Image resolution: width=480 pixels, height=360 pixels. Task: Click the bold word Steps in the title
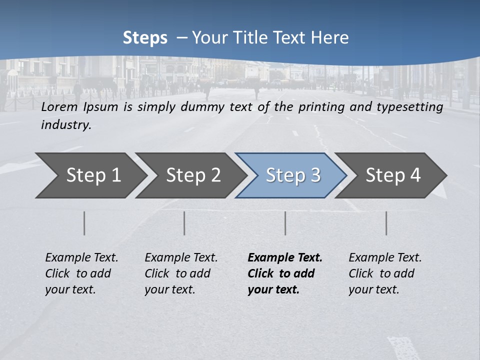coord(145,38)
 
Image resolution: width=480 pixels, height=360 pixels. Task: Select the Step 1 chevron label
coord(93,175)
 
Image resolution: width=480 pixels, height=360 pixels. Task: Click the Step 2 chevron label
coord(193,175)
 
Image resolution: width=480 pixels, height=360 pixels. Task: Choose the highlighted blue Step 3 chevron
coord(293,175)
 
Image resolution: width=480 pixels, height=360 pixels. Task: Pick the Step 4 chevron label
coord(393,175)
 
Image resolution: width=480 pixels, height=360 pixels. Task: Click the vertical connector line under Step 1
coord(84,223)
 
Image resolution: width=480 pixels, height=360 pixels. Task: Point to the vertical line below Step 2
coord(184,223)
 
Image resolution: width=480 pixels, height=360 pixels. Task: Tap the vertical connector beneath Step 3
coord(285,223)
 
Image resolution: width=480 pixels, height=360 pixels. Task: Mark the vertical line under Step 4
coord(386,223)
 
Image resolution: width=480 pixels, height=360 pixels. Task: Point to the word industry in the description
coord(66,125)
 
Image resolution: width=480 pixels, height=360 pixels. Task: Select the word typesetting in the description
coord(413,107)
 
